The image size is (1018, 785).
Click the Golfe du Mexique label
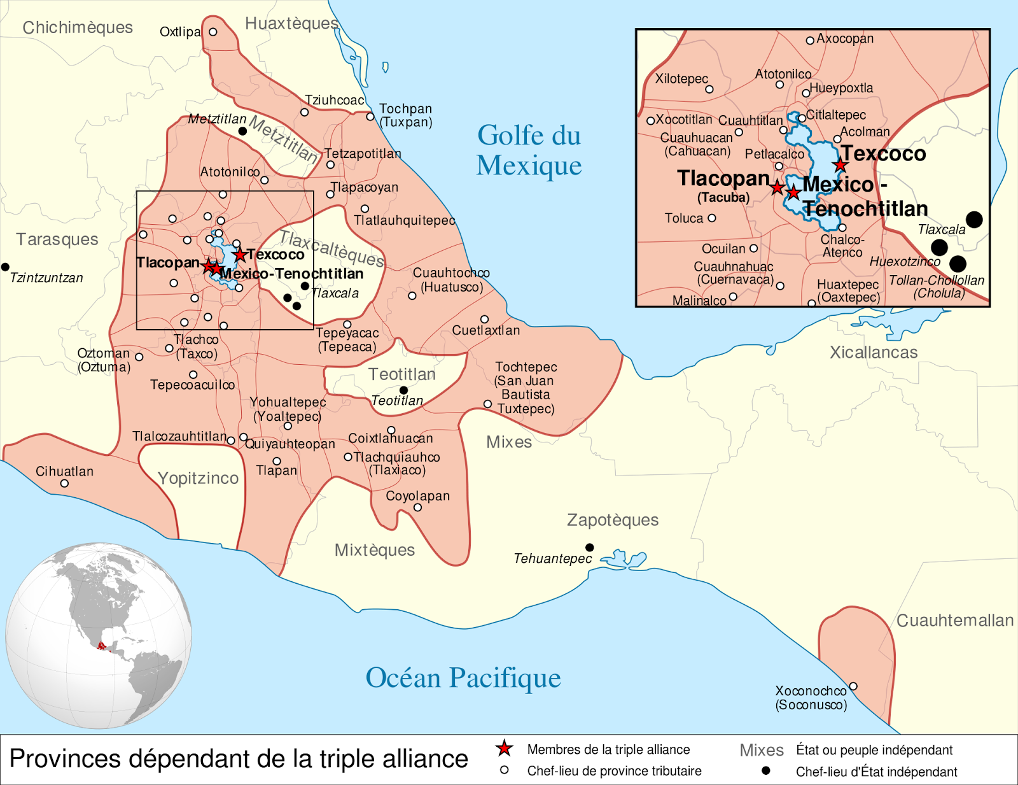tap(529, 150)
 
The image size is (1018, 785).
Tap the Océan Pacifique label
tap(463, 678)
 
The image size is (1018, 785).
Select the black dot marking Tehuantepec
tap(590, 548)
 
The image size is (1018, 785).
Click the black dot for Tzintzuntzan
tap(5, 267)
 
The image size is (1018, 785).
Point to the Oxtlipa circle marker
tap(213, 32)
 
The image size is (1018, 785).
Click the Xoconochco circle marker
tap(853, 686)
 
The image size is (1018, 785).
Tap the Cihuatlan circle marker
tap(64, 483)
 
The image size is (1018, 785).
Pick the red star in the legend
tap(504, 749)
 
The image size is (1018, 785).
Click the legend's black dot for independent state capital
tap(766, 771)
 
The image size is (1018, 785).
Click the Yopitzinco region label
tap(198, 478)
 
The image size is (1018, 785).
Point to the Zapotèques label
tap(613, 520)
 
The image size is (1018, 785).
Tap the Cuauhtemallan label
tap(954, 621)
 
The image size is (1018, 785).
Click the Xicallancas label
tap(874, 353)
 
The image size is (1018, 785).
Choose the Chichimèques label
tap(78, 28)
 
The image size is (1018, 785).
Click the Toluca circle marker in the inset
tap(712, 218)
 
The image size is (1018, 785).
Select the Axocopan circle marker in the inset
tap(810, 40)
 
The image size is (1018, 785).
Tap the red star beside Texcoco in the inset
tap(840, 165)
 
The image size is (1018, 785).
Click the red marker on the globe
tap(101, 646)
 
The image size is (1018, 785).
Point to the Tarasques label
tap(57, 239)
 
